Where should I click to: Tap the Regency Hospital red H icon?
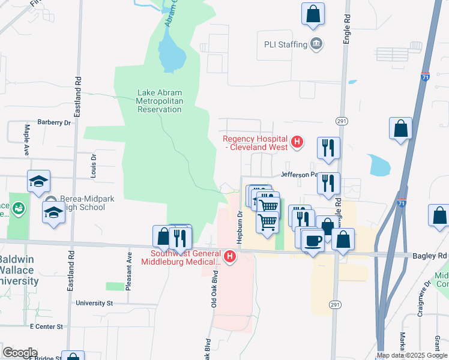pos(296,142)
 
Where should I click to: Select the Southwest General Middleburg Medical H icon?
pos(229,257)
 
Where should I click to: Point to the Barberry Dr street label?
pos(54,122)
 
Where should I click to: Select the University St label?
pos(94,303)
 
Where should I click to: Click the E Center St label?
pos(43,326)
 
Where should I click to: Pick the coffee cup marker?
pos(312,240)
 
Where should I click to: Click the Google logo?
pos(20,353)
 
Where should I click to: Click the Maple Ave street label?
pos(27,139)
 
